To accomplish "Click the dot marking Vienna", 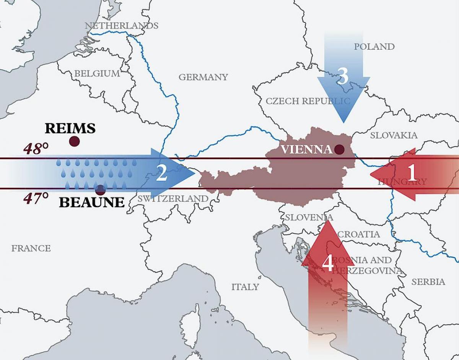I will pyautogui.click(x=339, y=149).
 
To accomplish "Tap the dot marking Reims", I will pyautogui.click(x=74, y=141).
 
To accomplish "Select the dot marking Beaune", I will pyautogui.click(x=100, y=190).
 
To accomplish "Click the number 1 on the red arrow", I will pyautogui.click(x=412, y=173).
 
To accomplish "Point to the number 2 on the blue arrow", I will pyautogui.click(x=161, y=174).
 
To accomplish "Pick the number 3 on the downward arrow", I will pyautogui.click(x=343, y=76).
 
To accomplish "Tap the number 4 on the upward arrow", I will pyautogui.click(x=328, y=263).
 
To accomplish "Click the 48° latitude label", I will pyautogui.click(x=36, y=149).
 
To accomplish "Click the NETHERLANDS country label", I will pyautogui.click(x=121, y=26).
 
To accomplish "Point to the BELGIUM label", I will pyautogui.click(x=97, y=73).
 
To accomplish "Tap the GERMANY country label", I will pyautogui.click(x=203, y=77).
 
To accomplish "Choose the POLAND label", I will pyautogui.click(x=374, y=47).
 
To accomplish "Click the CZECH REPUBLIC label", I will pyautogui.click(x=308, y=101).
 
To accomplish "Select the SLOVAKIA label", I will pyautogui.click(x=394, y=135).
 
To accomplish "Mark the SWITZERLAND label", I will pyautogui.click(x=173, y=199).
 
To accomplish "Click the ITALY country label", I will pyautogui.click(x=245, y=287).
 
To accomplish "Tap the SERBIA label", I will pyautogui.click(x=428, y=282).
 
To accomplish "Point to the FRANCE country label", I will pyautogui.click(x=31, y=248).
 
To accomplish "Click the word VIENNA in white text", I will pyautogui.click(x=306, y=149).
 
